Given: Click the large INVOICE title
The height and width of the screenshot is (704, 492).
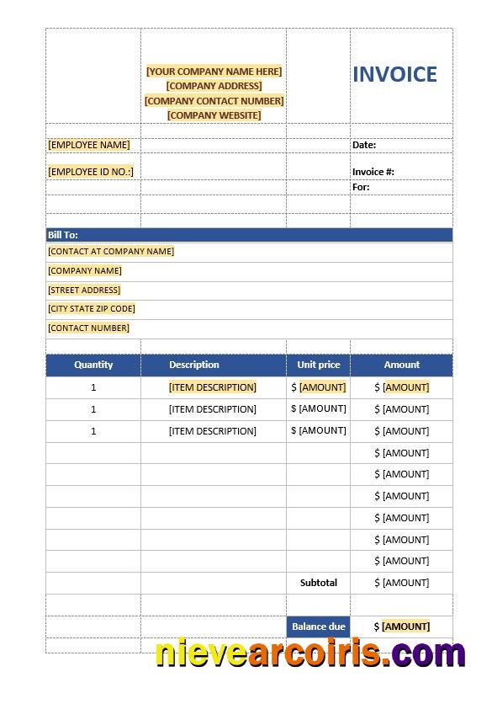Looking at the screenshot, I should [394, 74].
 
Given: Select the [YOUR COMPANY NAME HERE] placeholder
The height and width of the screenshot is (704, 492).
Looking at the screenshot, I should [214, 72].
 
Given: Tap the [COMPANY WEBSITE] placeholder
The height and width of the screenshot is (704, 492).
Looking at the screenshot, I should [214, 115].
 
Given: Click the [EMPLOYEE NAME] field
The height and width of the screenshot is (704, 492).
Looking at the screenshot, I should [89, 145].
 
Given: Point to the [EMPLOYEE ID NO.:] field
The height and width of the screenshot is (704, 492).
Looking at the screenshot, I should [91, 172].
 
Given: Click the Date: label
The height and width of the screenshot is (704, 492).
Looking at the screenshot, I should [364, 145].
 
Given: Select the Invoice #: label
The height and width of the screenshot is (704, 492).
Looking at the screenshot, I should [373, 172].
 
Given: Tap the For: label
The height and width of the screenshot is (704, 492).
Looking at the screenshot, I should [361, 187].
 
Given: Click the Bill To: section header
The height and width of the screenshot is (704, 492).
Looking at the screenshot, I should [63, 235].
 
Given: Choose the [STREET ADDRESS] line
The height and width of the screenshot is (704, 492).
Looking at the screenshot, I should [84, 290].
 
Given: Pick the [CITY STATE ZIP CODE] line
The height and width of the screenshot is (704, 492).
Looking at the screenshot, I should [92, 309].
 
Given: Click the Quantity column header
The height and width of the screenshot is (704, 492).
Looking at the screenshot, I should [93, 365].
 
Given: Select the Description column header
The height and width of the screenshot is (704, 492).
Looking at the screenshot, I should [194, 365].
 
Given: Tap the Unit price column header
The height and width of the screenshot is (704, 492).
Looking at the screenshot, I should [319, 365].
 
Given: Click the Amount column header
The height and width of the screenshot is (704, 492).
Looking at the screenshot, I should [402, 365].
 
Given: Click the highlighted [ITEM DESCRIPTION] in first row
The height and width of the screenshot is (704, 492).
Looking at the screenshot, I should [213, 387].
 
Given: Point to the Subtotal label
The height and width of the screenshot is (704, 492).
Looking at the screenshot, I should [319, 583].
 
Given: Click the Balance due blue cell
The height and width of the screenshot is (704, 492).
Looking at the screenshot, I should [319, 627].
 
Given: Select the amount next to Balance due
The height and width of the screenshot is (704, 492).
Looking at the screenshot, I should [405, 627].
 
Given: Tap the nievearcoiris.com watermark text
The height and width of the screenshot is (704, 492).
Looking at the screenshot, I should [310, 653].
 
